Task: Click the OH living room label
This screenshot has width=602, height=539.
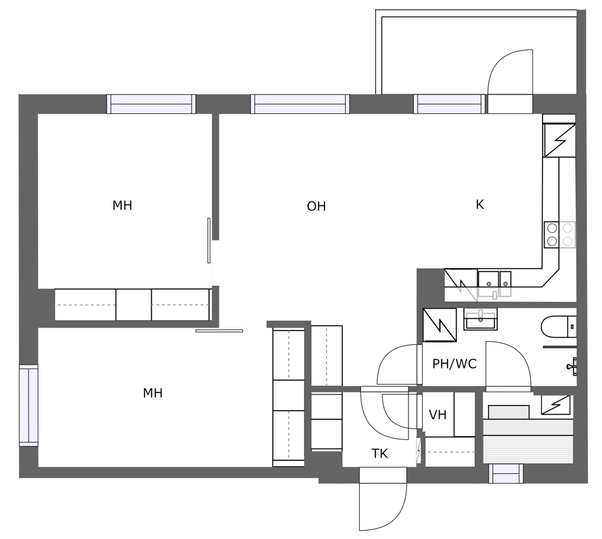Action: tap(317, 206)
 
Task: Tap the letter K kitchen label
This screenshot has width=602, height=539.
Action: tap(480, 205)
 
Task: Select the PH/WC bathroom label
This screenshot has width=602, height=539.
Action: tap(455, 364)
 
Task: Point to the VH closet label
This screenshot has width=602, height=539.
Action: tap(438, 415)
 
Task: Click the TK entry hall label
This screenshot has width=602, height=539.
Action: tap(379, 454)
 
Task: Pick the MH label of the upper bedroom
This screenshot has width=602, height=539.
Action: tap(122, 206)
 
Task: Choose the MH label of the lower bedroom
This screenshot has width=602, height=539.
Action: tap(153, 393)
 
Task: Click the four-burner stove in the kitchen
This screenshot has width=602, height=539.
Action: tap(560, 234)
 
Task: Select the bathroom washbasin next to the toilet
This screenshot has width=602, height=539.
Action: tap(480, 319)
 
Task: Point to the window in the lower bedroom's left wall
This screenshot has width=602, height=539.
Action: tap(29, 405)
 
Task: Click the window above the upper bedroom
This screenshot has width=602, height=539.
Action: tap(151, 104)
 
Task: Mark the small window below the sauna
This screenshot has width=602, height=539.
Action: tap(506, 473)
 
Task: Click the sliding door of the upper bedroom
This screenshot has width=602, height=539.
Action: tap(209, 241)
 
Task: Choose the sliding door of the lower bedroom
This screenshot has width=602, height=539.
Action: tap(219, 331)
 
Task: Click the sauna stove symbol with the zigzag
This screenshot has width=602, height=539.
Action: tap(556, 405)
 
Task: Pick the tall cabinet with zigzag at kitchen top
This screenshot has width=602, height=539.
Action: tap(560, 140)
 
